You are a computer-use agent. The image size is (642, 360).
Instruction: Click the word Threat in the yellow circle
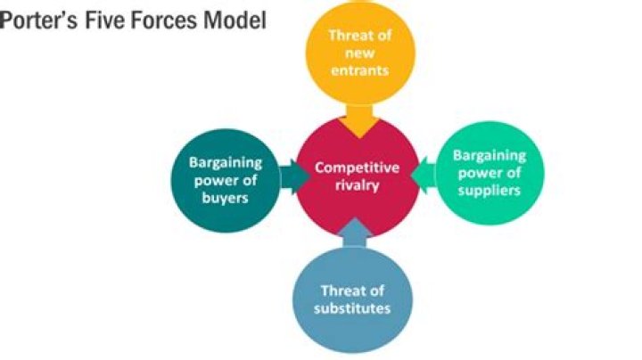(347, 36)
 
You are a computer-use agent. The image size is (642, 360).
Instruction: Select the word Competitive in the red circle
(358, 168)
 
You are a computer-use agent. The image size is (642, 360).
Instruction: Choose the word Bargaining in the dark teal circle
(225, 163)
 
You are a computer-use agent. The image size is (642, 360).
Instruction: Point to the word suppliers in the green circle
(490, 190)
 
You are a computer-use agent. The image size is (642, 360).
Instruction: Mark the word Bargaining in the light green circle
(490, 156)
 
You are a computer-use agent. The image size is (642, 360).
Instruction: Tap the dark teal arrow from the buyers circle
(292, 176)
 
